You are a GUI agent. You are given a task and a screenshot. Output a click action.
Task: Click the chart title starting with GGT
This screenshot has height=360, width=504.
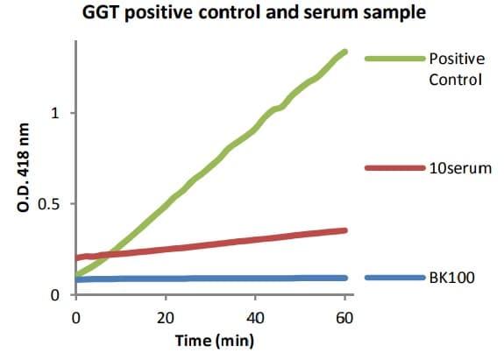pos(252,14)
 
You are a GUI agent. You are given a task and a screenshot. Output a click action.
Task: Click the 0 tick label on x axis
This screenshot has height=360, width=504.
pos(76,315)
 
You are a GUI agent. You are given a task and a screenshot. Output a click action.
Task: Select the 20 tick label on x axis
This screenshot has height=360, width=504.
pos(166,315)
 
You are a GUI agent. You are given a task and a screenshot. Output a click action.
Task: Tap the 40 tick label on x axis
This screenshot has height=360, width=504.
pos(255,315)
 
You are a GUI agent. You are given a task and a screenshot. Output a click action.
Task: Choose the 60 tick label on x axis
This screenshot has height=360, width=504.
pos(344,315)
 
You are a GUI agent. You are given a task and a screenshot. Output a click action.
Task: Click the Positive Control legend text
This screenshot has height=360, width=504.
pos(455,69)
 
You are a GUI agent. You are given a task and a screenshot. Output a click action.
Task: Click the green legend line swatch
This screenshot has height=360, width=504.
pos(394,59)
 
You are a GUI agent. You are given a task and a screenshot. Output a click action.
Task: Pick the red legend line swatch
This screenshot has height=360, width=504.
pos(394,167)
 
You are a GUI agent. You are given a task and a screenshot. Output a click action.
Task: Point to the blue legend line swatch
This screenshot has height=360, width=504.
pos(394,278)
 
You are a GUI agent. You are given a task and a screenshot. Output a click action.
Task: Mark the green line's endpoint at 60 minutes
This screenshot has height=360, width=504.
pos(345,52)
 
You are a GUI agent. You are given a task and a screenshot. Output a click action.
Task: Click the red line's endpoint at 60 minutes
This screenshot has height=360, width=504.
pos(345,230)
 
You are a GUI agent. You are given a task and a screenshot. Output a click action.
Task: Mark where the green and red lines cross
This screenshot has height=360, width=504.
pos(110,253)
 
